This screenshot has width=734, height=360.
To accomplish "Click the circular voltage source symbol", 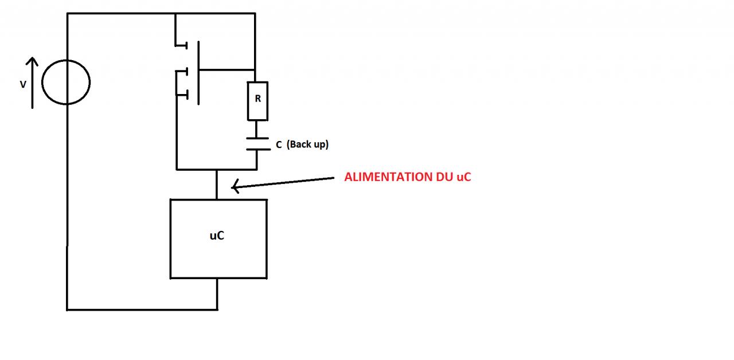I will pyautogui.click(x=67, y=81).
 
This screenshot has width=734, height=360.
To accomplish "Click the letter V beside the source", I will pyautogui.click(x=24, y=84).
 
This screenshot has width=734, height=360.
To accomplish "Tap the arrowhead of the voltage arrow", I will pyautogui.click(x=32, y=61).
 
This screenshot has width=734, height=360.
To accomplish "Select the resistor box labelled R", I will pyautogui.click(x=257, y=101).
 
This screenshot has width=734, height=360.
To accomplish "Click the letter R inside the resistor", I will pyautogui.click(x=257, y=99).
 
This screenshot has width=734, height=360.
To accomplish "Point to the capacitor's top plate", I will pyautogui.click(x=257, y=138).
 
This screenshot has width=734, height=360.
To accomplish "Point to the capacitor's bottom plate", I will pyautogui.click(x=257, y=149).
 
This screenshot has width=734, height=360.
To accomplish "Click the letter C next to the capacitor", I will pyautogui.click(x=279, y=145).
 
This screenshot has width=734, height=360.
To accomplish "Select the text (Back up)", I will pyautogui.click(x=307, y=144).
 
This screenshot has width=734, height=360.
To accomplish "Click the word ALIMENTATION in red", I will pyautogui.click(x=384, y=177).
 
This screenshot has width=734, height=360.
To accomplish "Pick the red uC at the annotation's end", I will pyautogui.click(x=463, y=177).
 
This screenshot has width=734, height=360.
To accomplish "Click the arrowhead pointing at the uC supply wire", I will pyautogui.click(x=234, y=186).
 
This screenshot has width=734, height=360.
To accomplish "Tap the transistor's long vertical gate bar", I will pyautogui.click(x=198, y=72).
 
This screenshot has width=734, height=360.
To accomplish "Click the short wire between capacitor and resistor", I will pyautogui.click(x=257, y=129).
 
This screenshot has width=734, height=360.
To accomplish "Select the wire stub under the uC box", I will pyautogui.click(x=217, y=294).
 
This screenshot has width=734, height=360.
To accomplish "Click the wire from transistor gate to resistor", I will pyautogui.click(x=227, y=70).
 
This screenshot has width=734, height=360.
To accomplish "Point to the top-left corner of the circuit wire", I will pyautogui.click(x=68, y=14).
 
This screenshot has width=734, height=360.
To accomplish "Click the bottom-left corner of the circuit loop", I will pyautogui.click(x=68, y=309).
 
